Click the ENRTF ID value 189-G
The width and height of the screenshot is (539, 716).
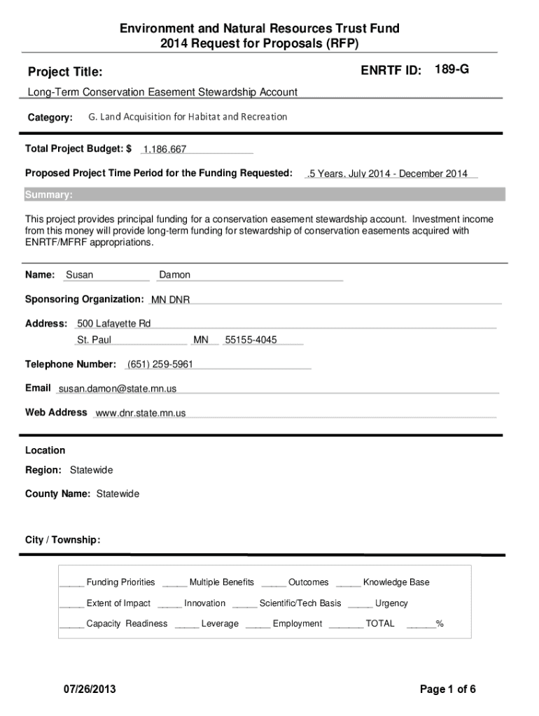pyautogui.click(x=451, y=69)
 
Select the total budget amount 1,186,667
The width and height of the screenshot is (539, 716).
pyautogui.click(x=164, y=149)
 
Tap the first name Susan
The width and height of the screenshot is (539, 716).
pyautogui.click(x=79, y=275)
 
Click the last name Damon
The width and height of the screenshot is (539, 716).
pyautogui.click(x=175, y=275)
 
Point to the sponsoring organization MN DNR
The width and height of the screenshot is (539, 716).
pyautogui.click(x=170, y=300)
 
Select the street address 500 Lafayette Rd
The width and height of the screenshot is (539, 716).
pyautogui.click(x=113, y=323)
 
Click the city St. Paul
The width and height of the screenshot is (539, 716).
pyautogui.click(x=94, y=340)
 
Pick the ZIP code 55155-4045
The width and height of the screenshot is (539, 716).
pyautogui.click(x=251, y=340)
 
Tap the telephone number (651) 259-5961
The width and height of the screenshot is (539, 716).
pyautogui.click(x=160, y=364)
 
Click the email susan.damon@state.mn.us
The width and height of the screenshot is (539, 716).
pyautogui.click(x=118, y=388)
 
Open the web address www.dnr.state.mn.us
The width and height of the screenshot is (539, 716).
pyautogui.click(x=141, y=413)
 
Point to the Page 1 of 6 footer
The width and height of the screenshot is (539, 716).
pyautogui.click(x=448, y=689)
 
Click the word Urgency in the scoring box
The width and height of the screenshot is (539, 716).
pyautogui.click(x=391, y=603)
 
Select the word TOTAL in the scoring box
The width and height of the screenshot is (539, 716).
pyautogui.click(x=380, y=623)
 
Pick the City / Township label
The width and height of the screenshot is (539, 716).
pyautogui.click(x=62, y=540)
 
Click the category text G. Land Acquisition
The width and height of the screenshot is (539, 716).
pyautogui.click(x=188, y=117)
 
